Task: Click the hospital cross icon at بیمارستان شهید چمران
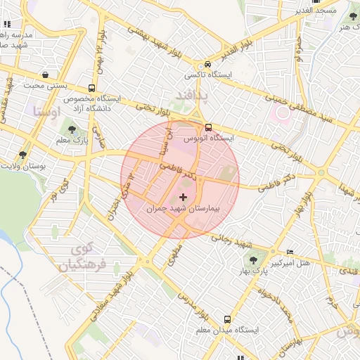pyautogui.click(x=184, y=197)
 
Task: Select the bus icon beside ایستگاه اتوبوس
pyautogui.click(x=209, y=127)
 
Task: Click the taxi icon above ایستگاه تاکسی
pyautogui.click(x=200, y=63)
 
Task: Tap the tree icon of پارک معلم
pyautogui.click(x=72, y=129)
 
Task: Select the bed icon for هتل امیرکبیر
pyautogui.click(x=290, y=252)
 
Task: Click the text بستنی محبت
pyautogui.click(x=44, y=86)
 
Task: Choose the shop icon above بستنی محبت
pyautogui.click(x=46, y=75)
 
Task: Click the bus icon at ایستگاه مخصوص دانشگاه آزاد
pyautogui.click(x=91, y=88)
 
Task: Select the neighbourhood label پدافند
pyautogui.click(x=186, y=93)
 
